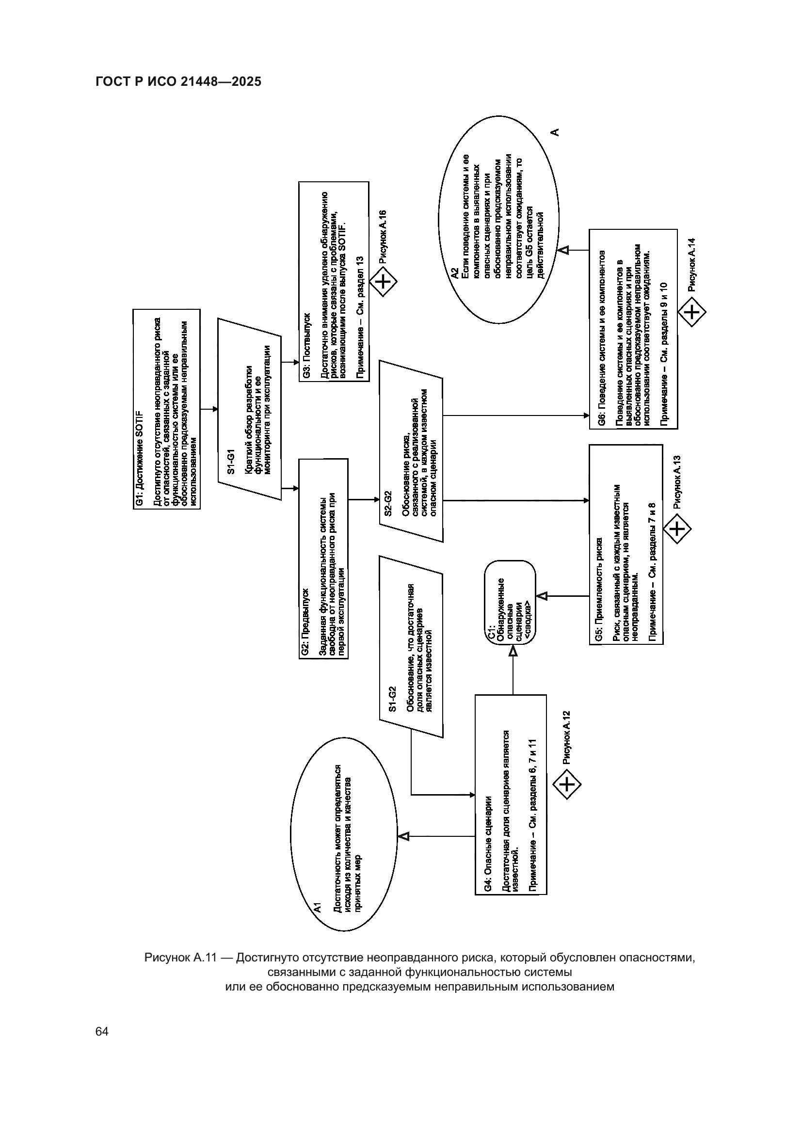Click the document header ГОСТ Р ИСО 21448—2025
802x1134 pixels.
178,82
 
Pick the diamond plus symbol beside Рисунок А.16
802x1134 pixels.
385,283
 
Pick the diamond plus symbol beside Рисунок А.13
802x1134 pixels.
676,529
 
